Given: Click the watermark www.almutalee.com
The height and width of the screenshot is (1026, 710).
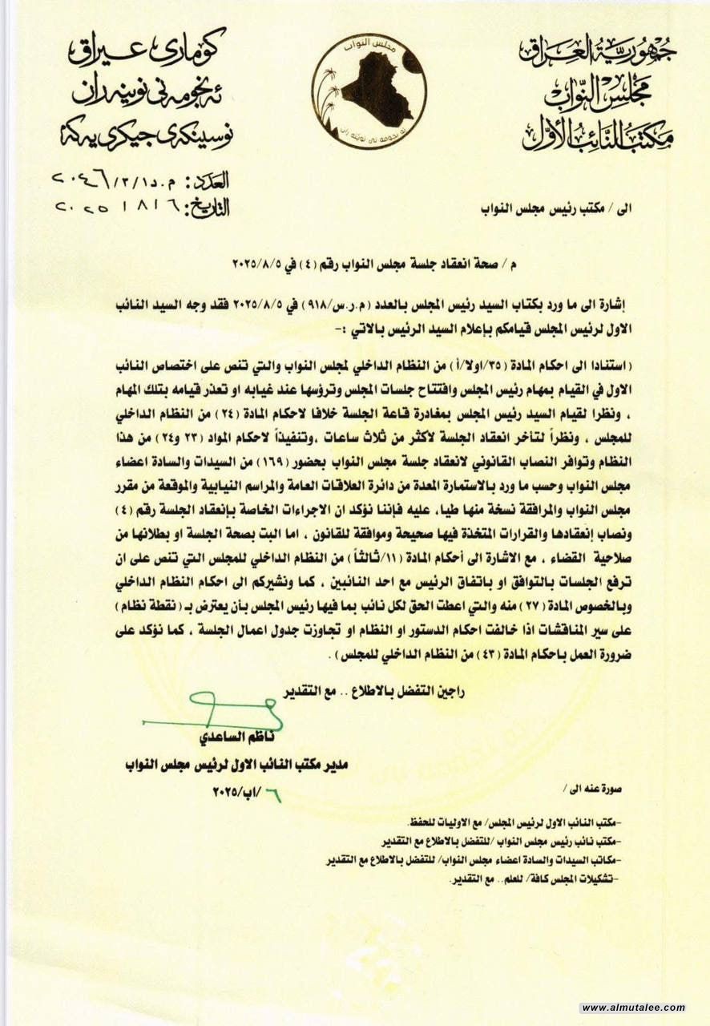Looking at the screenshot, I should coord(633,1008).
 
